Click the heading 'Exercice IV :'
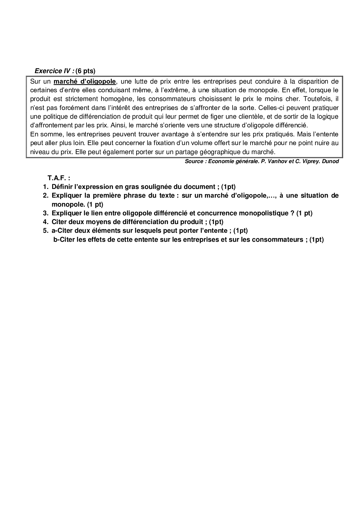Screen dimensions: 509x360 tap(54, 71)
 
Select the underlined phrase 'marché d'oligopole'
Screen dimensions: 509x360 tap(85, 82)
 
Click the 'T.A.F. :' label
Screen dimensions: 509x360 tap(59, 178)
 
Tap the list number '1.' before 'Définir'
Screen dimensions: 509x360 tap(45, 187)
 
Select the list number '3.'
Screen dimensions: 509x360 tap(45, 213)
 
